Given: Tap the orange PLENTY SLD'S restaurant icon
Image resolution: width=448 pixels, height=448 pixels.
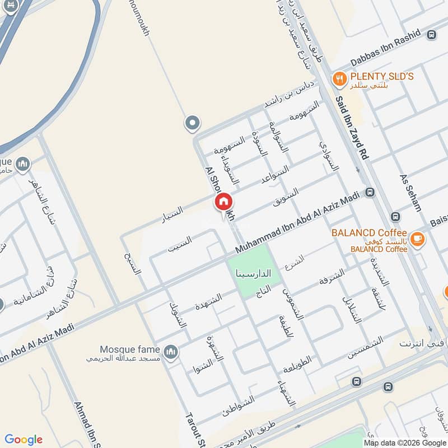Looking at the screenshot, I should [338, 80].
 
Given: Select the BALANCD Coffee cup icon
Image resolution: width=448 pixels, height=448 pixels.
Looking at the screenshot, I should [417, 239].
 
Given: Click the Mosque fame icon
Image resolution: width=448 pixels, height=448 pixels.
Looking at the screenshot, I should [171, 351].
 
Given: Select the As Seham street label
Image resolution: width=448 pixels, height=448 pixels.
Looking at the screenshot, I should [410, 192].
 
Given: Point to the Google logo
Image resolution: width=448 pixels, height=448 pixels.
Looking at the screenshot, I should [24, 440].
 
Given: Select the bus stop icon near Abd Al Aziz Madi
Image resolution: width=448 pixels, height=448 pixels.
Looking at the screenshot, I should [370, 193].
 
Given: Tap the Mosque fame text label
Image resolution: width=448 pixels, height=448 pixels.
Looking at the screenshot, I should [130, 349].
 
